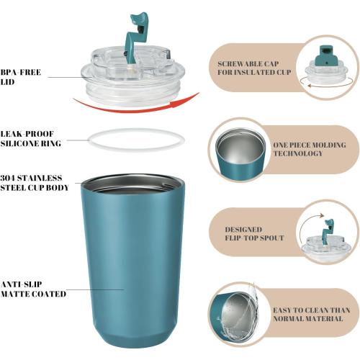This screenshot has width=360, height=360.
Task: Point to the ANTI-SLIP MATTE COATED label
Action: pos(33,289)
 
